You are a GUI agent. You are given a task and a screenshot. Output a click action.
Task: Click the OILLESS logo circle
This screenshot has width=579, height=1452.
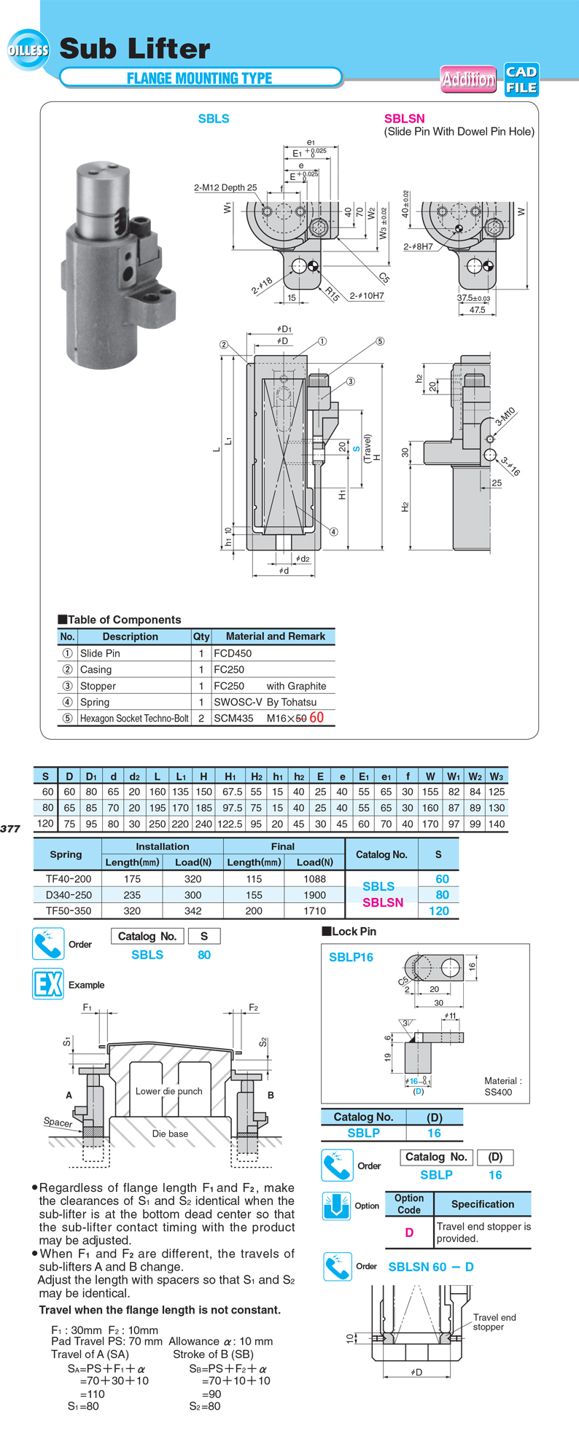coord(28,50)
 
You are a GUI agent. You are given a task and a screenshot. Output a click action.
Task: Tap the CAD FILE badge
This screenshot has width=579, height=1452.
coord(521,79)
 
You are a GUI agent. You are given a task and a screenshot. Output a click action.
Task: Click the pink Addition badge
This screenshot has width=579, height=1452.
coord(468,79)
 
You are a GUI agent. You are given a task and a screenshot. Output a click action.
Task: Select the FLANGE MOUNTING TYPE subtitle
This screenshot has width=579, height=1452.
coord(199,78)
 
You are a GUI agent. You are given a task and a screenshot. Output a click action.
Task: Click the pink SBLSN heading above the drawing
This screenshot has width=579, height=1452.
coord(404,119)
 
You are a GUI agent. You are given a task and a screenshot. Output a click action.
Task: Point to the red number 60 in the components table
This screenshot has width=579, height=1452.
coord(316,717)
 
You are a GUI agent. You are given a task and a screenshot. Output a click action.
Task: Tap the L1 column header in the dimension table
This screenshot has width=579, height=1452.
coord(181,776)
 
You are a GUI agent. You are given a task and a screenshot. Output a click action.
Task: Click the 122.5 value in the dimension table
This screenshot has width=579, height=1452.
coord(230,823)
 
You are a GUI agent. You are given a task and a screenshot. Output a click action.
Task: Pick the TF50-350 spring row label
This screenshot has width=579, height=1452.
coord(69,910)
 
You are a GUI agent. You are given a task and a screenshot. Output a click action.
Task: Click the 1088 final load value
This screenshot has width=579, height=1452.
coord(314,879)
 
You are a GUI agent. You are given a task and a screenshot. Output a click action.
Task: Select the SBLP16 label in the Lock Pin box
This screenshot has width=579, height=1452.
coord(351,957)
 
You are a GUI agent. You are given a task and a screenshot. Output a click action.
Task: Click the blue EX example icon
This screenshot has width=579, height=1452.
coord(48,984)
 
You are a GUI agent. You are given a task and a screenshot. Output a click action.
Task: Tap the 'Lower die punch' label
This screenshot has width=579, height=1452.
coord(168,1091)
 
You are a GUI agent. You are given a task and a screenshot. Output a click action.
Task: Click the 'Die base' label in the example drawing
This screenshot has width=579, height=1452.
coord(170,1133)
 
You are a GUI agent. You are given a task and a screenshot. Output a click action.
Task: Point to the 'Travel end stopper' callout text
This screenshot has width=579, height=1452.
coord(494,1322)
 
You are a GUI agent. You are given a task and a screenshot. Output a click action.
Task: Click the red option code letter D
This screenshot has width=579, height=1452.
coord(409,1232)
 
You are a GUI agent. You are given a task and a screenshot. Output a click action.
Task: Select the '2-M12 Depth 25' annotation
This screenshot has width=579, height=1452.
coord(225,187)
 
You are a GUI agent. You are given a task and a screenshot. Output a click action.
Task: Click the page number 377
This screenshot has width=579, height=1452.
coord(10,828)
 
